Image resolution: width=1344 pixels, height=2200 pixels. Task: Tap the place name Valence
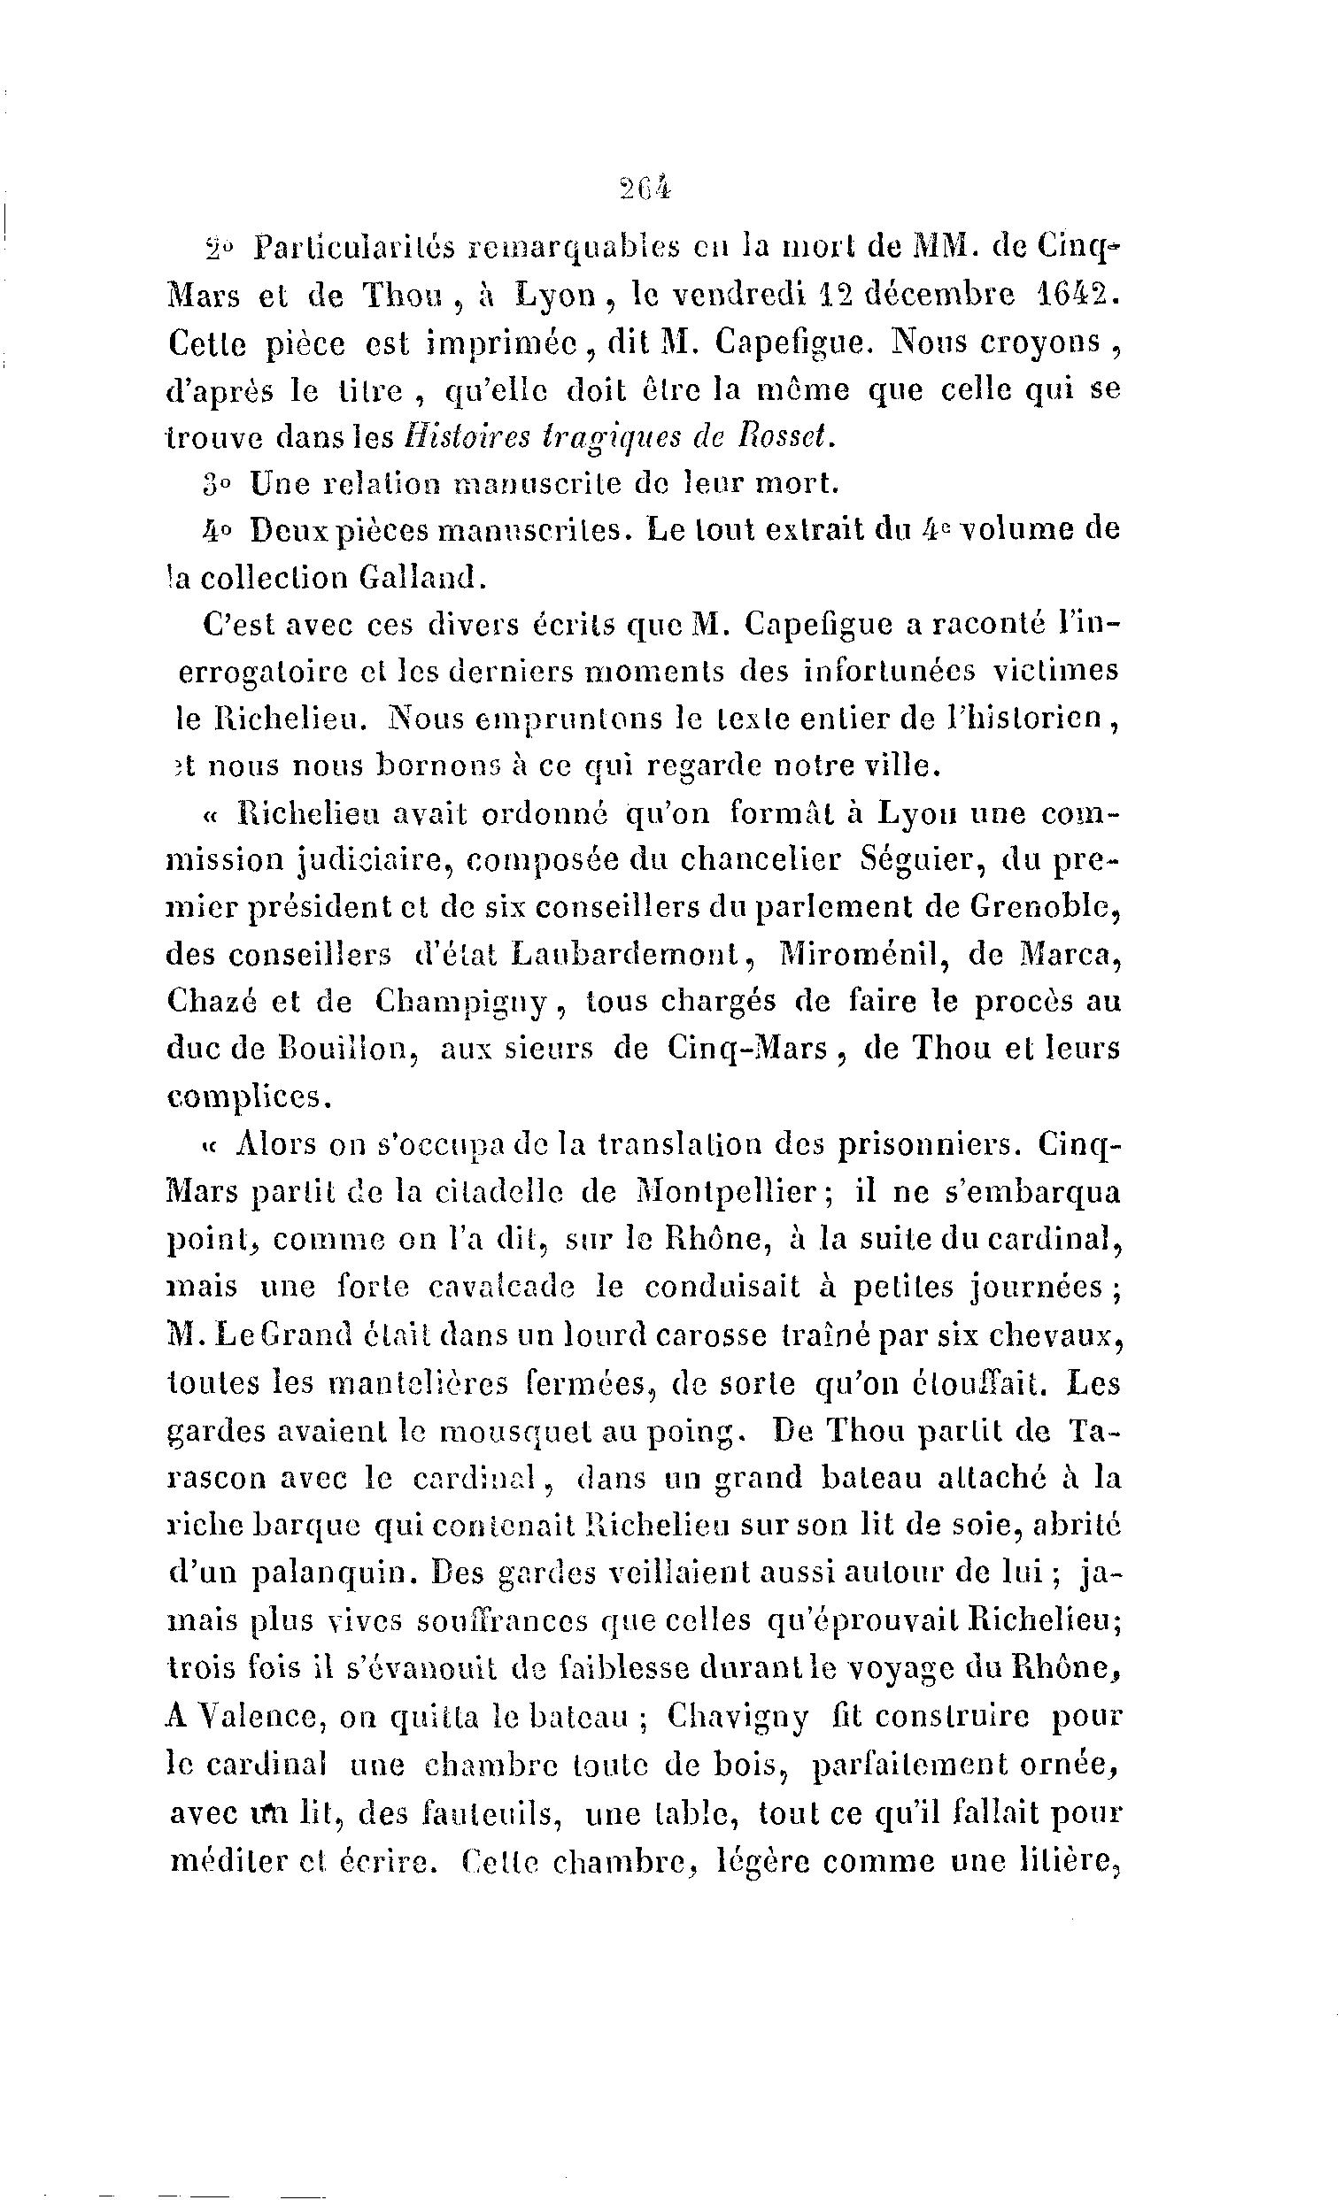click(x=252, y=1715)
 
